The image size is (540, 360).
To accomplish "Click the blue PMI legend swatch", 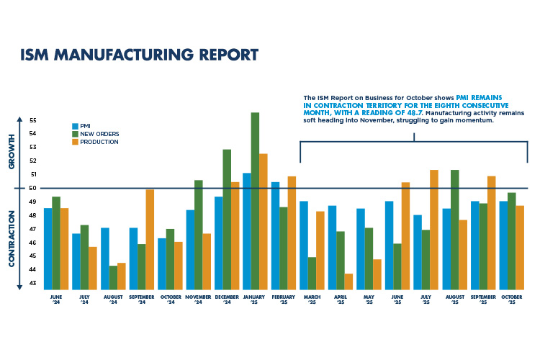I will point(76,126).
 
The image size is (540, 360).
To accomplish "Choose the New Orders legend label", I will point(101,134).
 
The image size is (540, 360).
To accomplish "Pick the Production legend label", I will point(100,142).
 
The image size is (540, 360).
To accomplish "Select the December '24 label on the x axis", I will point(227,297).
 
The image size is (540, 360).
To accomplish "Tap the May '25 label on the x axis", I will point(369,297).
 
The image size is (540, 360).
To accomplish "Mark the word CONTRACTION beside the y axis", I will point(12,238).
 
